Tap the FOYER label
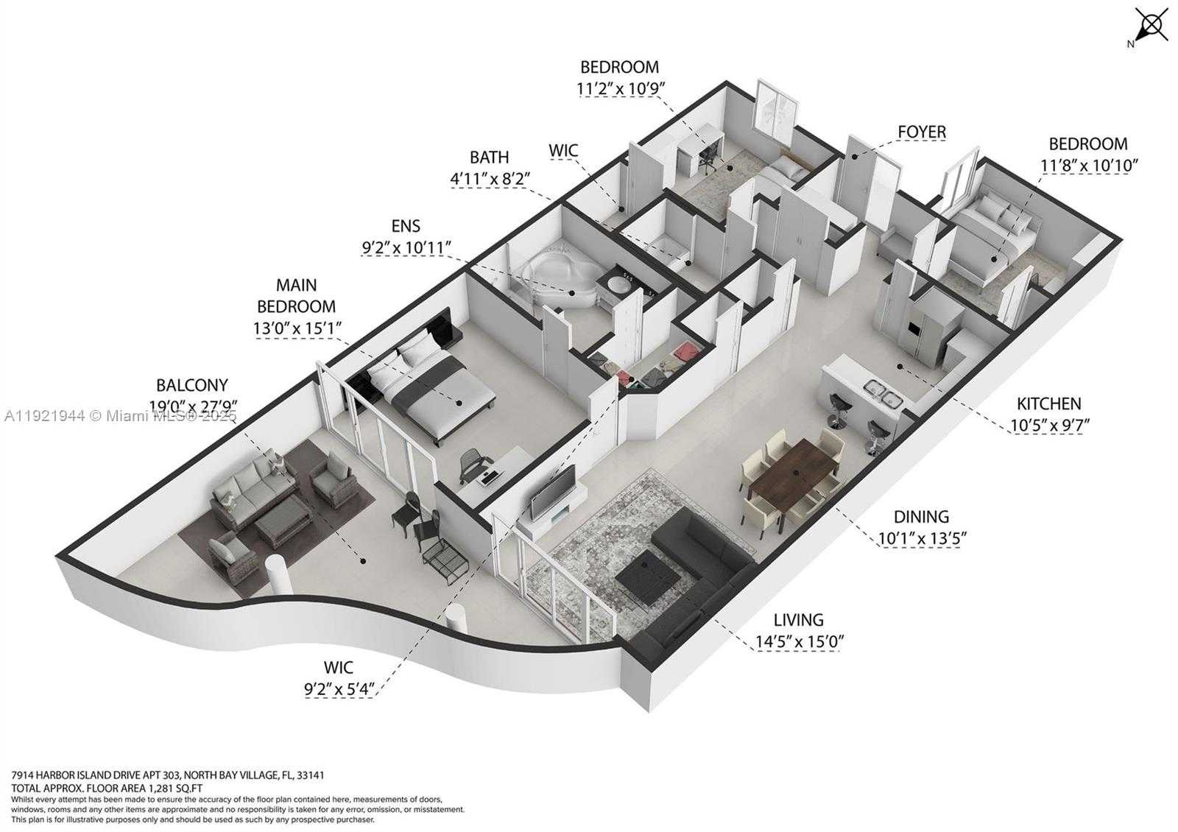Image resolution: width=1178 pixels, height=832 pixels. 921,132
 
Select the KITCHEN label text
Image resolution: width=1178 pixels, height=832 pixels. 1048,403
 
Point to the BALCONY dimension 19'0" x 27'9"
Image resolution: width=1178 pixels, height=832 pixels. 192,405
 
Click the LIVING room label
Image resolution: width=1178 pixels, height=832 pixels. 799,620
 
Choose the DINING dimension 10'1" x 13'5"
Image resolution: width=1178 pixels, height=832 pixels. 922,538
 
